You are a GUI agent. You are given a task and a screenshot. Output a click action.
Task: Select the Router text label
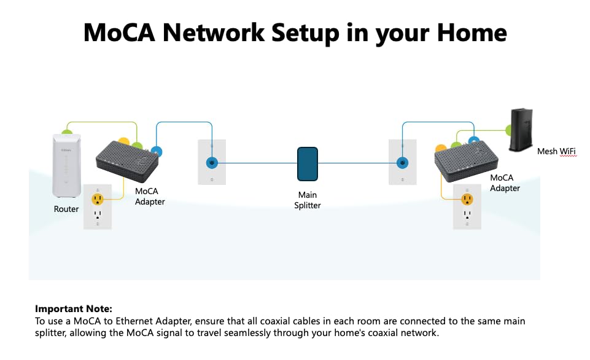[x=66, y=209]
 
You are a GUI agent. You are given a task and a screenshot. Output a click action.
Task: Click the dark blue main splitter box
[x=307, y=164]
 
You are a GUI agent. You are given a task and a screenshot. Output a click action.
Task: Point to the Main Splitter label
[x=307, y=200]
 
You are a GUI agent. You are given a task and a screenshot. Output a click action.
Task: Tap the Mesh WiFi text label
[x=556, y=151]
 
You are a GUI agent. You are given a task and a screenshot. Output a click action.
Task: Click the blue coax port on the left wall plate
[x=212, y=163]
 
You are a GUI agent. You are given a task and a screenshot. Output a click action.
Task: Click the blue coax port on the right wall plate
[x=403, y=163]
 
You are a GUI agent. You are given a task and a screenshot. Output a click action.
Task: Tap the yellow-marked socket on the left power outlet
[x=98, y=199]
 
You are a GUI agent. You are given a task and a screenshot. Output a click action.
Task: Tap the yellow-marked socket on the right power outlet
[x=467, y=199]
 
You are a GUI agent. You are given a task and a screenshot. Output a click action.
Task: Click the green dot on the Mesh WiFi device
[x=508, y=130]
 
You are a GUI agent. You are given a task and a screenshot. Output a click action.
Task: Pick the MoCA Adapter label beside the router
[x=150, y=196]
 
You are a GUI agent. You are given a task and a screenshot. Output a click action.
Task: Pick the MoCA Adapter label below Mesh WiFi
[x=505, y=183]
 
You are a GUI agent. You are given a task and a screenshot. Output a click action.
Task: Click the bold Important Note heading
[x=74, y=309]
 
